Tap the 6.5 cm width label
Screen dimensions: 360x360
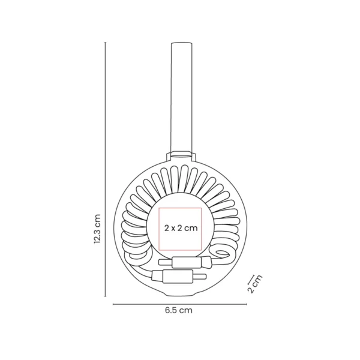pyautogui.click(x=179, y=311)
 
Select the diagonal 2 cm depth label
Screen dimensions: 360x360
pyautogui.click(x=256, y=283)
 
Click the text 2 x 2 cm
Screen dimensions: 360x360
pyautogui.click(x=181, y=227)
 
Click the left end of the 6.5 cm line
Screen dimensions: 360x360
pyautogui.click(x=113, y=304)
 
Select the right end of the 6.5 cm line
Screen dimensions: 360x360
pyautogui.click(x=246, y=304)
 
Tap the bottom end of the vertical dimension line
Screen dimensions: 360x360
pyautogui.click(x=105, y=296)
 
